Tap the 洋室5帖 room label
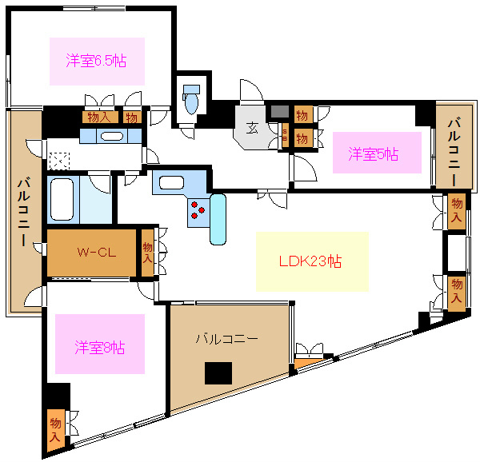click(x=373, y=154)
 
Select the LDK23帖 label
click(x=311, y=261)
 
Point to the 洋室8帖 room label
click(x=99, y=348)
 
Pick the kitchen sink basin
click(x=170, y=182)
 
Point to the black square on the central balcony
click(x=218, y=373)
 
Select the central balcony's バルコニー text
click(x=227, y=339)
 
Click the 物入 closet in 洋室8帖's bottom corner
click(x=55, y=431)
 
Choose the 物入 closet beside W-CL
click(x=147, y=253)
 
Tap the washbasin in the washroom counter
click(x=112, y=135)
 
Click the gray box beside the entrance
click(x=278, y=111)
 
